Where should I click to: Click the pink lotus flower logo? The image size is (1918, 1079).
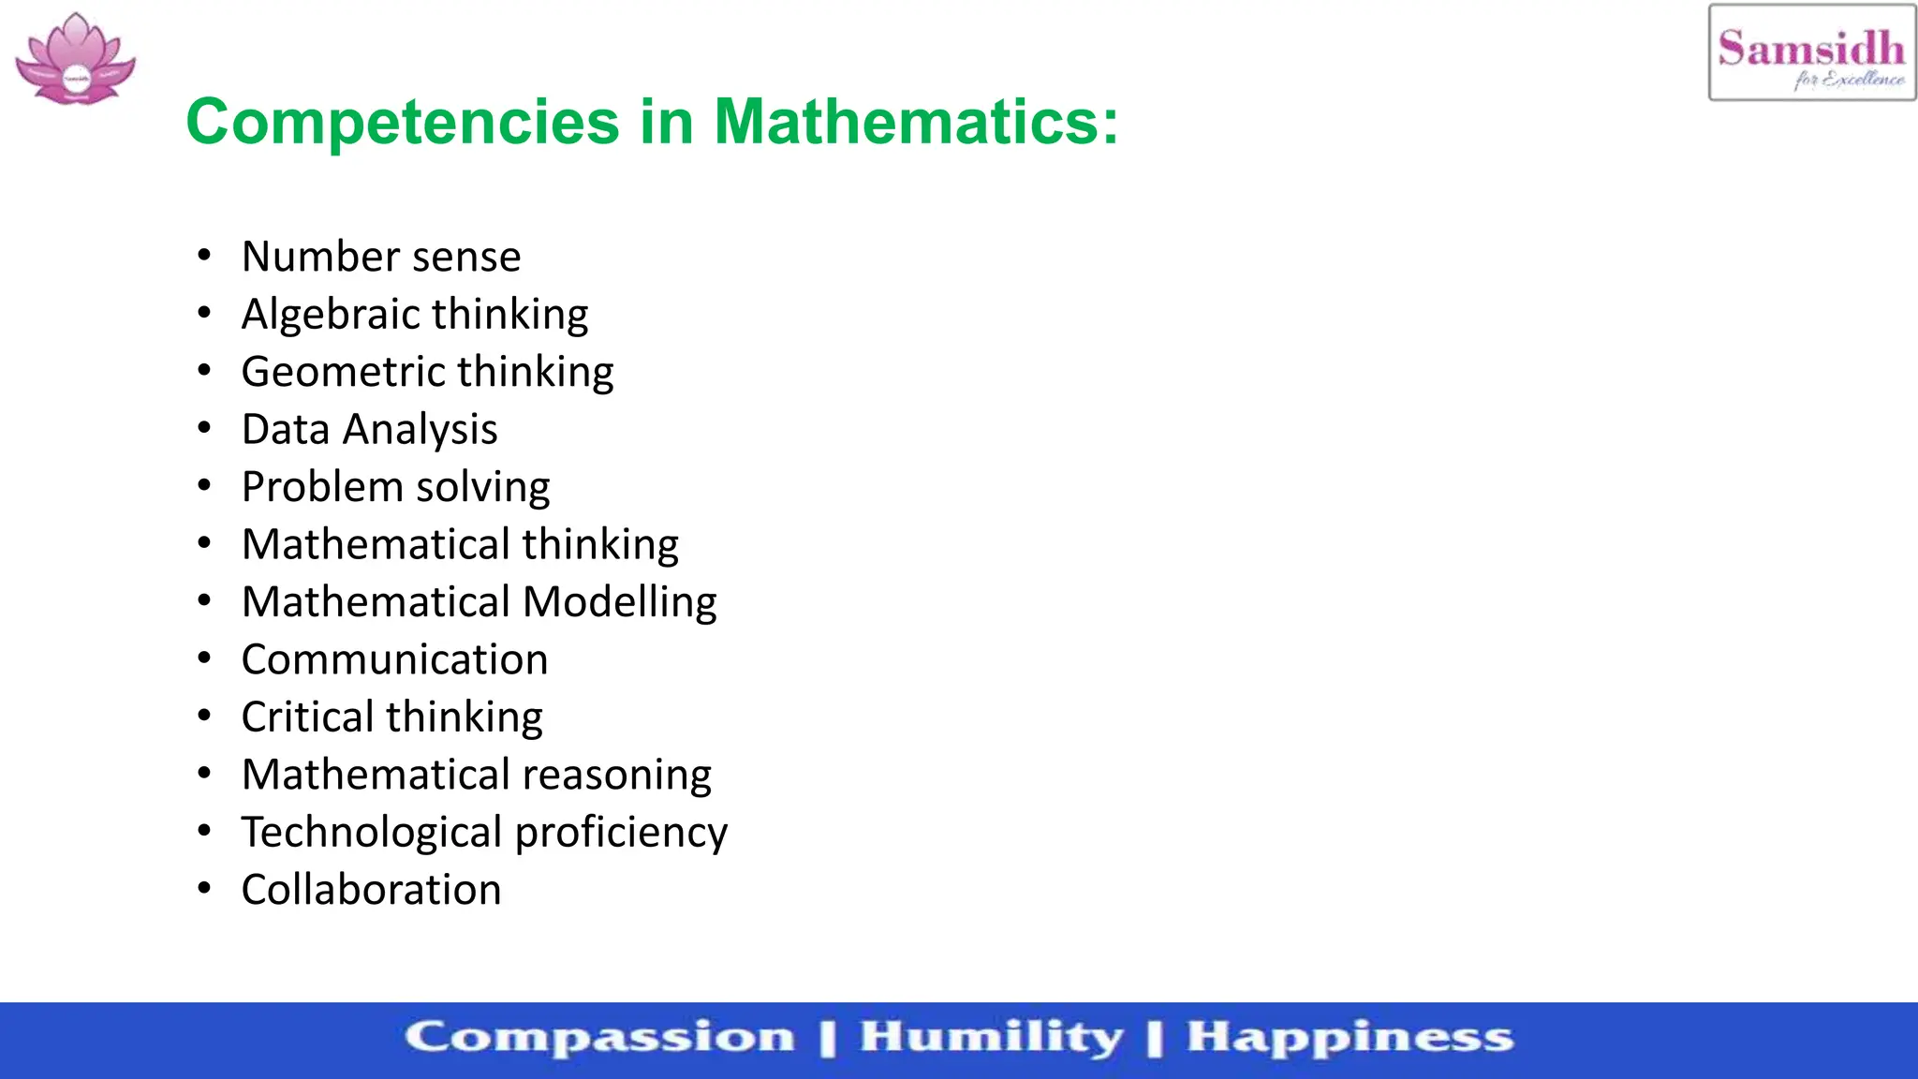pos(76,59)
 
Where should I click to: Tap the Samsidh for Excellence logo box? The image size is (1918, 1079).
pos(1811,52)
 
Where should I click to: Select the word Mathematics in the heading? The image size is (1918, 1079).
pos(915,122)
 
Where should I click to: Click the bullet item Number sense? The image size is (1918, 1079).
pos(381,257)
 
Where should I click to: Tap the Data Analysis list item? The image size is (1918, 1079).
pos(369,430)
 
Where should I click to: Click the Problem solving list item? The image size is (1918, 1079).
pos(395,487)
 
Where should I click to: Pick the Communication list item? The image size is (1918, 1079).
pos(394,659)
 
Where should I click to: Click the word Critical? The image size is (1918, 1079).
pos(308,717)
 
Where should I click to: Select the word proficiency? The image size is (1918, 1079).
pos(621,833)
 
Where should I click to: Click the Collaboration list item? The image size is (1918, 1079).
pos(371,890)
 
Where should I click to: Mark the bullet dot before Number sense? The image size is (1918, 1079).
pos(204,256)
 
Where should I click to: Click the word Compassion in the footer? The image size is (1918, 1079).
pos(599,1038)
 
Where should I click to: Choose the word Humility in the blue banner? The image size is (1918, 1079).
pos(991,1038)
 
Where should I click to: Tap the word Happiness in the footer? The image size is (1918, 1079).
pos(1350,1038)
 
